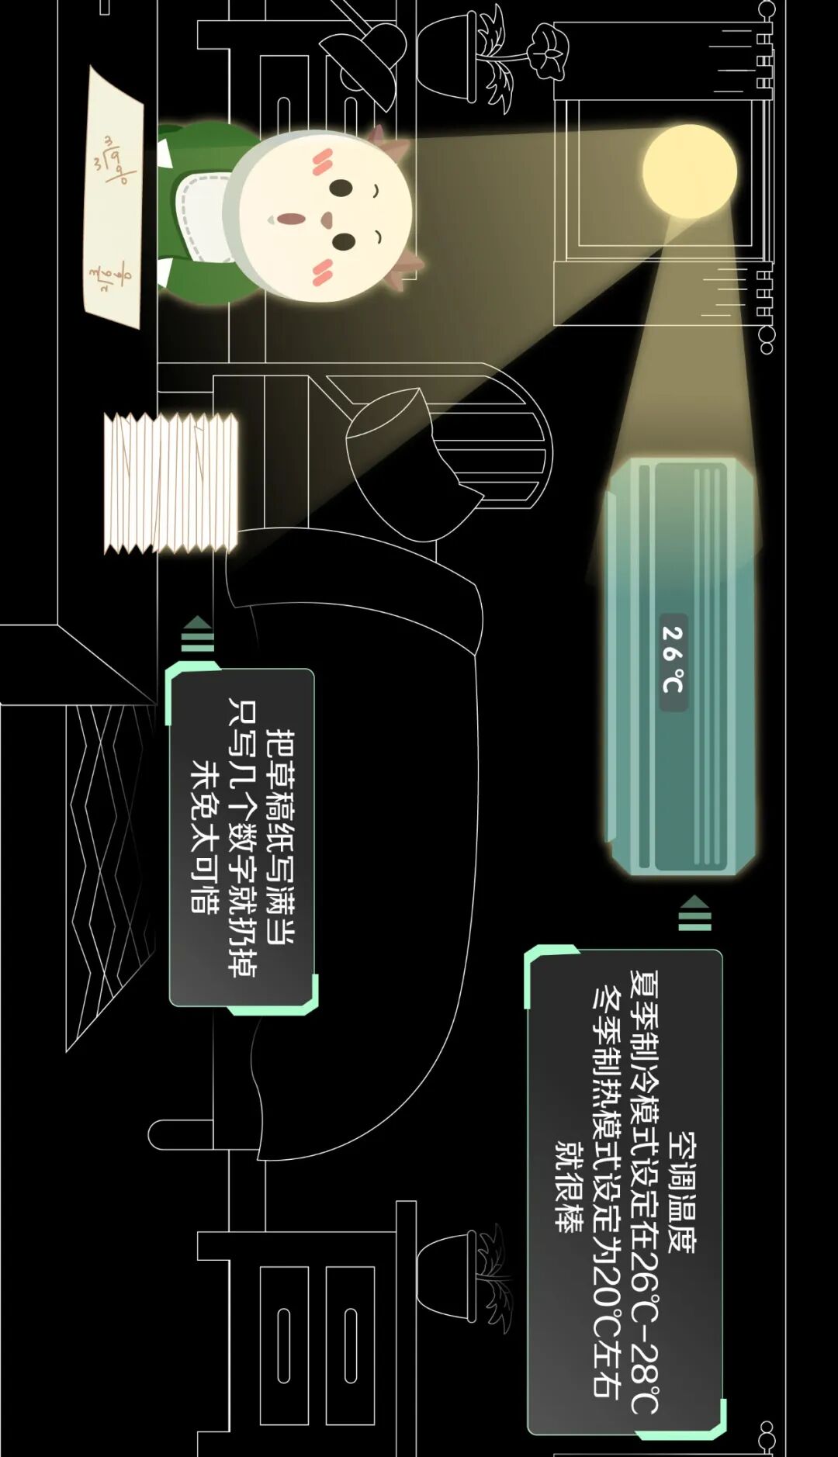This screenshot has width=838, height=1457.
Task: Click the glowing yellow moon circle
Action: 690,171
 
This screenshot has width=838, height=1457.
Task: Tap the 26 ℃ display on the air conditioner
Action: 673,659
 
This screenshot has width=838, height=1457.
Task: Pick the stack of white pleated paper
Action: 171,483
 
